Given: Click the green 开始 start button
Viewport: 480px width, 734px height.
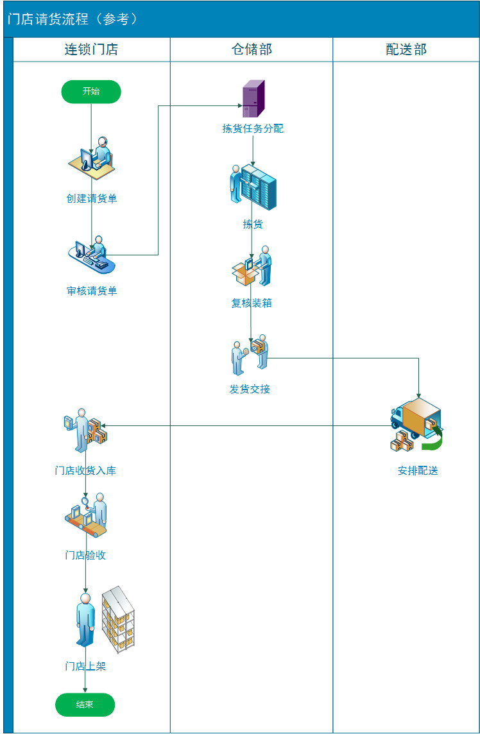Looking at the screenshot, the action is coord(91,92).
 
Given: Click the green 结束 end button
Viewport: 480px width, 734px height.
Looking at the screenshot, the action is coord(85,704).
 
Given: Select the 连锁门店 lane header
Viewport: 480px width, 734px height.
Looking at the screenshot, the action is coord(91,49).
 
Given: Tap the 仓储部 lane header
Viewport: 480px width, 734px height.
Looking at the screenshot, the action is coord(252,49).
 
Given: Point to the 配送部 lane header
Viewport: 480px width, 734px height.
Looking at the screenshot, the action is coord(406,49).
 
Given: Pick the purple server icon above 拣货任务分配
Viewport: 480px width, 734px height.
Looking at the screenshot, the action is coord(253,98).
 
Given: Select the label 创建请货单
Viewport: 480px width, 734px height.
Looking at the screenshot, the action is coord(91,198).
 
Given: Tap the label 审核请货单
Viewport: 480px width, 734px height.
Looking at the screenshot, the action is coord(91,291).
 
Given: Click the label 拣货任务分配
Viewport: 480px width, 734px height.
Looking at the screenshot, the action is coord(253,129).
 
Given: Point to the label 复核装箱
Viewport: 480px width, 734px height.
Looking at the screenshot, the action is coord(252,303).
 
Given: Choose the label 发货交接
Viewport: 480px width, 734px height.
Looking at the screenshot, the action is coord(250,389).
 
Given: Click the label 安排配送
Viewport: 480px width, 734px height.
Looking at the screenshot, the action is coord(418,471).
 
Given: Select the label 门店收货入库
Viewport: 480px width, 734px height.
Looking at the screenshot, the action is coord(85,470).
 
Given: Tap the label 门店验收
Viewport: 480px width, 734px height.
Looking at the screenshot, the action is coord(85,555).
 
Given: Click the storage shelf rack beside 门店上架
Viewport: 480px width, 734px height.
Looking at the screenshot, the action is coord(118,620).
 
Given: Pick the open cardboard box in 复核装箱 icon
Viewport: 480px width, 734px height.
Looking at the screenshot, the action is coord(244,274).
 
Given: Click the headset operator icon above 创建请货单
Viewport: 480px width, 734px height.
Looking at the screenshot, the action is coord(92,158).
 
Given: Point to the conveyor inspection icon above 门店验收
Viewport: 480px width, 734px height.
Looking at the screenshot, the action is coord(86,515).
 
